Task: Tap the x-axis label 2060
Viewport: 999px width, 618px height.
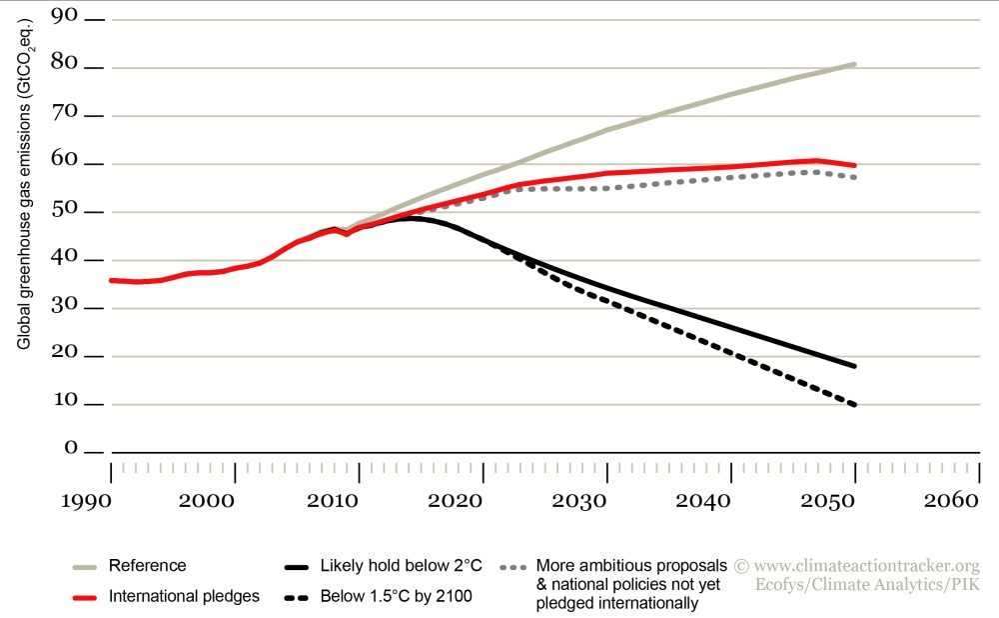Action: click(956, 498)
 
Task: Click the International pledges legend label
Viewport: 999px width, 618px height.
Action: click(184, 596)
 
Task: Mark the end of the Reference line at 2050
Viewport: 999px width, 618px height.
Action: click(854, 64)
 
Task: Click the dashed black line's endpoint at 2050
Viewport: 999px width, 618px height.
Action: click(855, 405)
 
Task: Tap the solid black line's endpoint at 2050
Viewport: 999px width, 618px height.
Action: click(855, 366)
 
